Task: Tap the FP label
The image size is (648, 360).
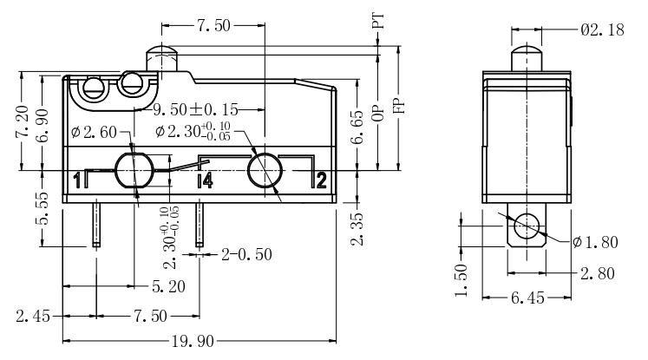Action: [x=399, y=104]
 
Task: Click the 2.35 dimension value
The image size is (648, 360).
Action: [x=357, y=227]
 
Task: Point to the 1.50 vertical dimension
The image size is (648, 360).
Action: [x=461, y=280]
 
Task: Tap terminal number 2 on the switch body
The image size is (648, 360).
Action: [x=320, y=180]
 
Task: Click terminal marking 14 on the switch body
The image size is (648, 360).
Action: [x=205, y=180]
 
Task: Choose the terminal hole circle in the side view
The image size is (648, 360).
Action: [x=526, y=227]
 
